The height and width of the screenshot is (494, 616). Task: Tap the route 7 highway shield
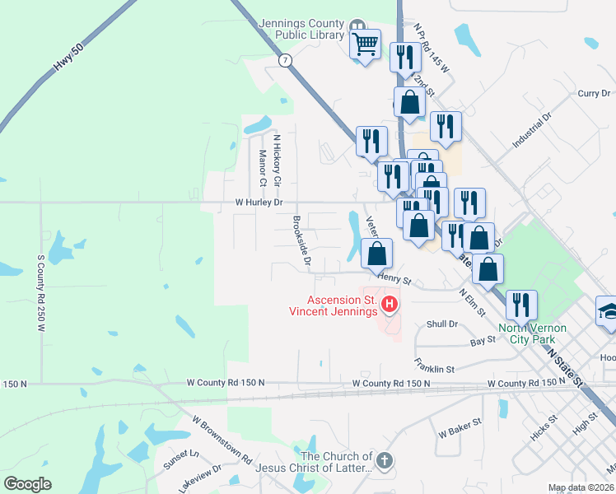(x=285, y=61)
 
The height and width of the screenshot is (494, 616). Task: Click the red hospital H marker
(x=390, y=308)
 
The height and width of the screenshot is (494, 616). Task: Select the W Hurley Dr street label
(x=259, y=202)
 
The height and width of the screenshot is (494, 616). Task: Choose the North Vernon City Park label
(x=532, y=333)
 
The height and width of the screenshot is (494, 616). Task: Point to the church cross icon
(x=384, y=460)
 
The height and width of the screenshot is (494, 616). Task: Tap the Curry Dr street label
(x=593, y=94)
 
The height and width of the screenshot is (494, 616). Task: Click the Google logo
(x=27, y=484)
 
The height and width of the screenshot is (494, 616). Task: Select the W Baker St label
(x=460, y=431)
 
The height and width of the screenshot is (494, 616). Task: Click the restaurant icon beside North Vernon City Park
(x=521, y=305)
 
